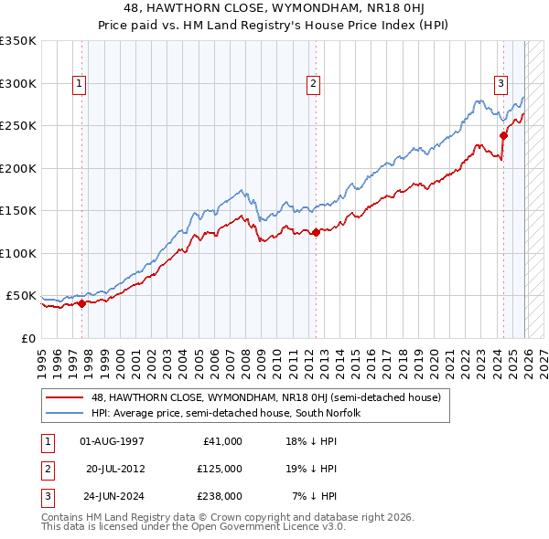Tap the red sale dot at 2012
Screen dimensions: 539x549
point(316,232)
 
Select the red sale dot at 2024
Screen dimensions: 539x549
point(503,136)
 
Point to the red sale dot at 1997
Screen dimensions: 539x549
point(81,303)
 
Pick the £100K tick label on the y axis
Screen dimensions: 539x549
point(18,253)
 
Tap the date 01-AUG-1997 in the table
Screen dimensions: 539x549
point(113,441)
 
